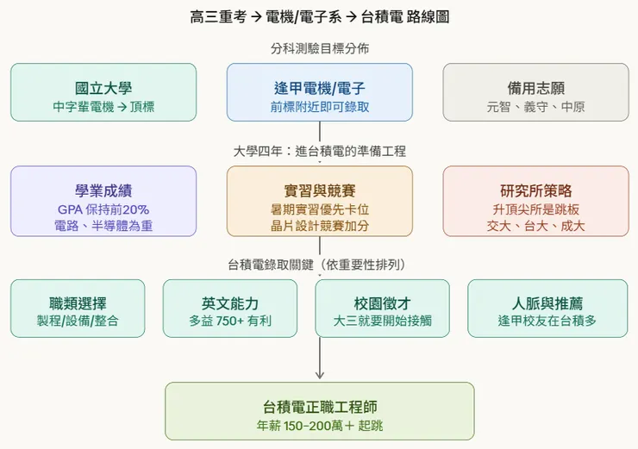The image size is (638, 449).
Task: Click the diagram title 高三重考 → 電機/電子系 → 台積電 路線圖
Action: [319, 17]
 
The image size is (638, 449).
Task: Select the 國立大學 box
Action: [103, 92]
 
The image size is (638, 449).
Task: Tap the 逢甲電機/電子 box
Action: [319, 92]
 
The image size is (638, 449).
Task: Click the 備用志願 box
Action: [535, 92]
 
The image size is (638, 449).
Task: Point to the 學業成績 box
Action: [103, 201]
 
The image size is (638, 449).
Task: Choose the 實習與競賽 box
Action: [319, 201]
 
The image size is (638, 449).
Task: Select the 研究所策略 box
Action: [535, 201]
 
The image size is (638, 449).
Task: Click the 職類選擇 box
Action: [78, 309]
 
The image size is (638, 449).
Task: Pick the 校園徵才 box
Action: [382, 309]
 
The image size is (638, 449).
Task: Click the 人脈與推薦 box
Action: [547, 309]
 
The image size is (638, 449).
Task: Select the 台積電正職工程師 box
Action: [319, 411]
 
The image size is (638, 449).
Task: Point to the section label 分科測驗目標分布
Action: [319, 48]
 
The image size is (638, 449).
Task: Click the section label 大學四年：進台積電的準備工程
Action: [319, 151]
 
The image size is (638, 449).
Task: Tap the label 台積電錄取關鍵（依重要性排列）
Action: [319, 264]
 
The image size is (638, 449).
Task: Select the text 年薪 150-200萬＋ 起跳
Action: [319, 426]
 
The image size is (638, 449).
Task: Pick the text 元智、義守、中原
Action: [535, 109]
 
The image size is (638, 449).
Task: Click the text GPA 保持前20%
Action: [103, 209]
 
